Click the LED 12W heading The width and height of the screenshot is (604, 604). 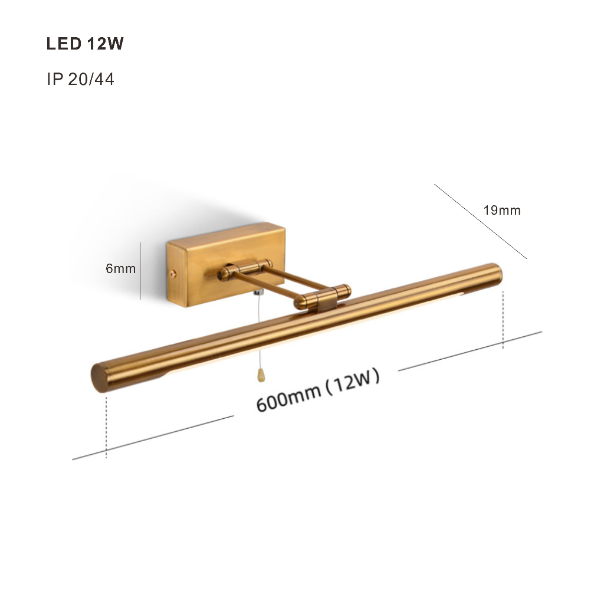click(85, 44)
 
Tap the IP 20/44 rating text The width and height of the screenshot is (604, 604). click(80, 79)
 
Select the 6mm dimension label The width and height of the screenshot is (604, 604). click(120, 268)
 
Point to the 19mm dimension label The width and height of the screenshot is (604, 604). click(502, 211)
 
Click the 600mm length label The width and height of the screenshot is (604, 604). click(288, 398)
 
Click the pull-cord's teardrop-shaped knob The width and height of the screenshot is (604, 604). click(261, 376)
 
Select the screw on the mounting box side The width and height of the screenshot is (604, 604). click(173, 274)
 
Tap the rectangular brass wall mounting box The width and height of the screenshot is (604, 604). click(226, 265)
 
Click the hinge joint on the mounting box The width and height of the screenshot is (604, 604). click(244, 269)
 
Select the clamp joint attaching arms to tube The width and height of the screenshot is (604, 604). click(323, 297)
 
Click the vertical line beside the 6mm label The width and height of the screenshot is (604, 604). click(140, 271)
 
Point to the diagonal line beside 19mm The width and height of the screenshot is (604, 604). click(480, 222)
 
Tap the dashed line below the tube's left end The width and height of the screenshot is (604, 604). click(106, 426)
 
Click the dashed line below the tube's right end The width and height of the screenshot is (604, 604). click(503, 320)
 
